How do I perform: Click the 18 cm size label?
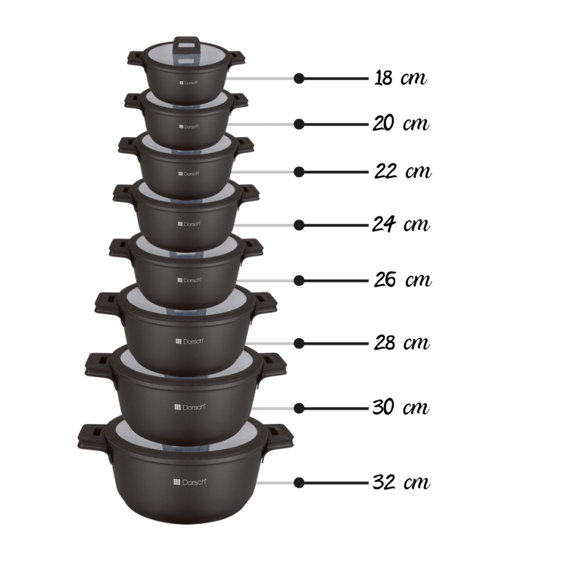coord(401,79)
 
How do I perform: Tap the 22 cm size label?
coord(403,171)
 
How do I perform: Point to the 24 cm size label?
coord(401,224)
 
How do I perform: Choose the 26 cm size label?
coord(402,280)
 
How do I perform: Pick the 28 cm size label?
coord(402,343)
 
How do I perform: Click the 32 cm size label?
coord(401,482)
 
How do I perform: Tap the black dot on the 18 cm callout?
coord(299,79)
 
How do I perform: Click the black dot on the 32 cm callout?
coord(299,482)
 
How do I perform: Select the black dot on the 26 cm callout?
coord(299,280)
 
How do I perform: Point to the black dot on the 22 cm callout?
coord(299,171)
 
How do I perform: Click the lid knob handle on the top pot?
coord(183,43)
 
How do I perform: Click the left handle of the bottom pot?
coord(90,436)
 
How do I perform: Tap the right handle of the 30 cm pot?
coord(274,363)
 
